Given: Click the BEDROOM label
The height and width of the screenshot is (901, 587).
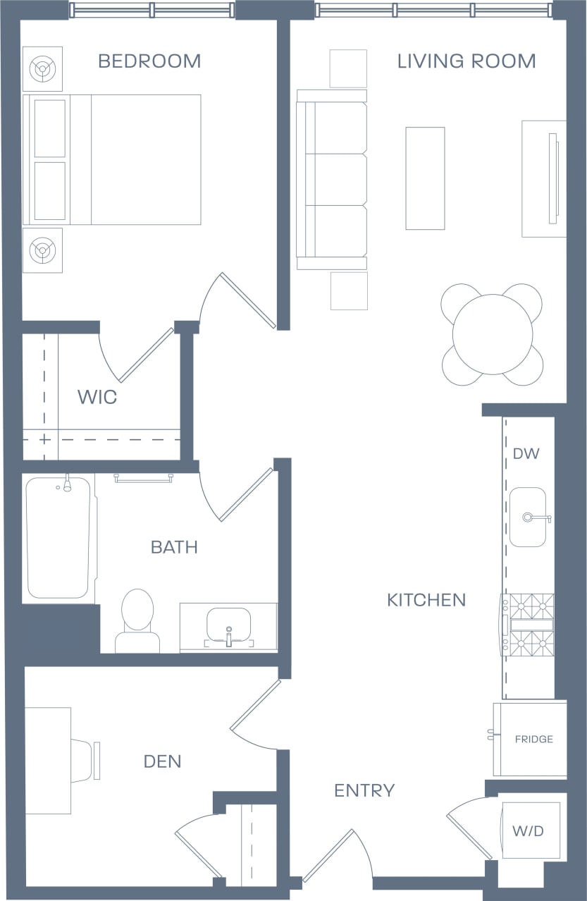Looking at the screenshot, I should tap(149, 61).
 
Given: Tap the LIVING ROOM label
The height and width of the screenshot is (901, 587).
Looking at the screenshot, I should tap(466, 61).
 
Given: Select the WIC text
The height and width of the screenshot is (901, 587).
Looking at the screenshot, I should tap(97, 397).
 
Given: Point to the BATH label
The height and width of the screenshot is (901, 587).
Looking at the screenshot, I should tap(174, 547).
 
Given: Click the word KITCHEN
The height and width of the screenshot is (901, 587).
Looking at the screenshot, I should tap(426, 600).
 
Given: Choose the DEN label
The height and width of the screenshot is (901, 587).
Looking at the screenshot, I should tap(162, 761).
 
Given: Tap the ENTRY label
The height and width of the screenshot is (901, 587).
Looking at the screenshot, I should tap(364, 791).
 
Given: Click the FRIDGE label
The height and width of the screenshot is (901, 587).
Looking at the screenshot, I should tap(533, 740).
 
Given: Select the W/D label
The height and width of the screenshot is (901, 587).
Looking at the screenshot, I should tap(528, 831).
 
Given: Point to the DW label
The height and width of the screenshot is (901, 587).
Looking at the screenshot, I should tap(526, 453).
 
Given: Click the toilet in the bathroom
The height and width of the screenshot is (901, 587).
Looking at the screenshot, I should tap(137, 620).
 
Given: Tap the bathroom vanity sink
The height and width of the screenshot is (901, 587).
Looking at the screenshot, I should tap(228, 624).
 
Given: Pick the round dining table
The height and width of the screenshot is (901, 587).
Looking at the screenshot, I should tap(493, 335).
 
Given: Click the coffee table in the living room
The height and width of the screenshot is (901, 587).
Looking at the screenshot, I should tap(425, 178).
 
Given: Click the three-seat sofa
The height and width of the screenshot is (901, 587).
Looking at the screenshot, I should tap(333, 180).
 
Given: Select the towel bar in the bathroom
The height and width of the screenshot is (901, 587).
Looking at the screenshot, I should tap(144, 478).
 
